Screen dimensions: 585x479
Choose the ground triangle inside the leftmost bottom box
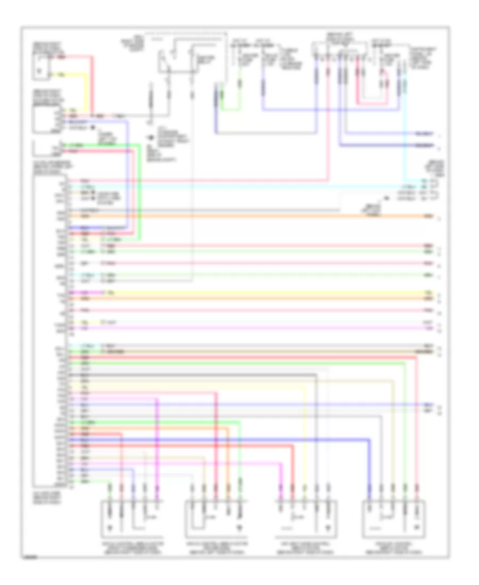110,528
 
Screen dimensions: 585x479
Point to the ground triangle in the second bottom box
239,528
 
